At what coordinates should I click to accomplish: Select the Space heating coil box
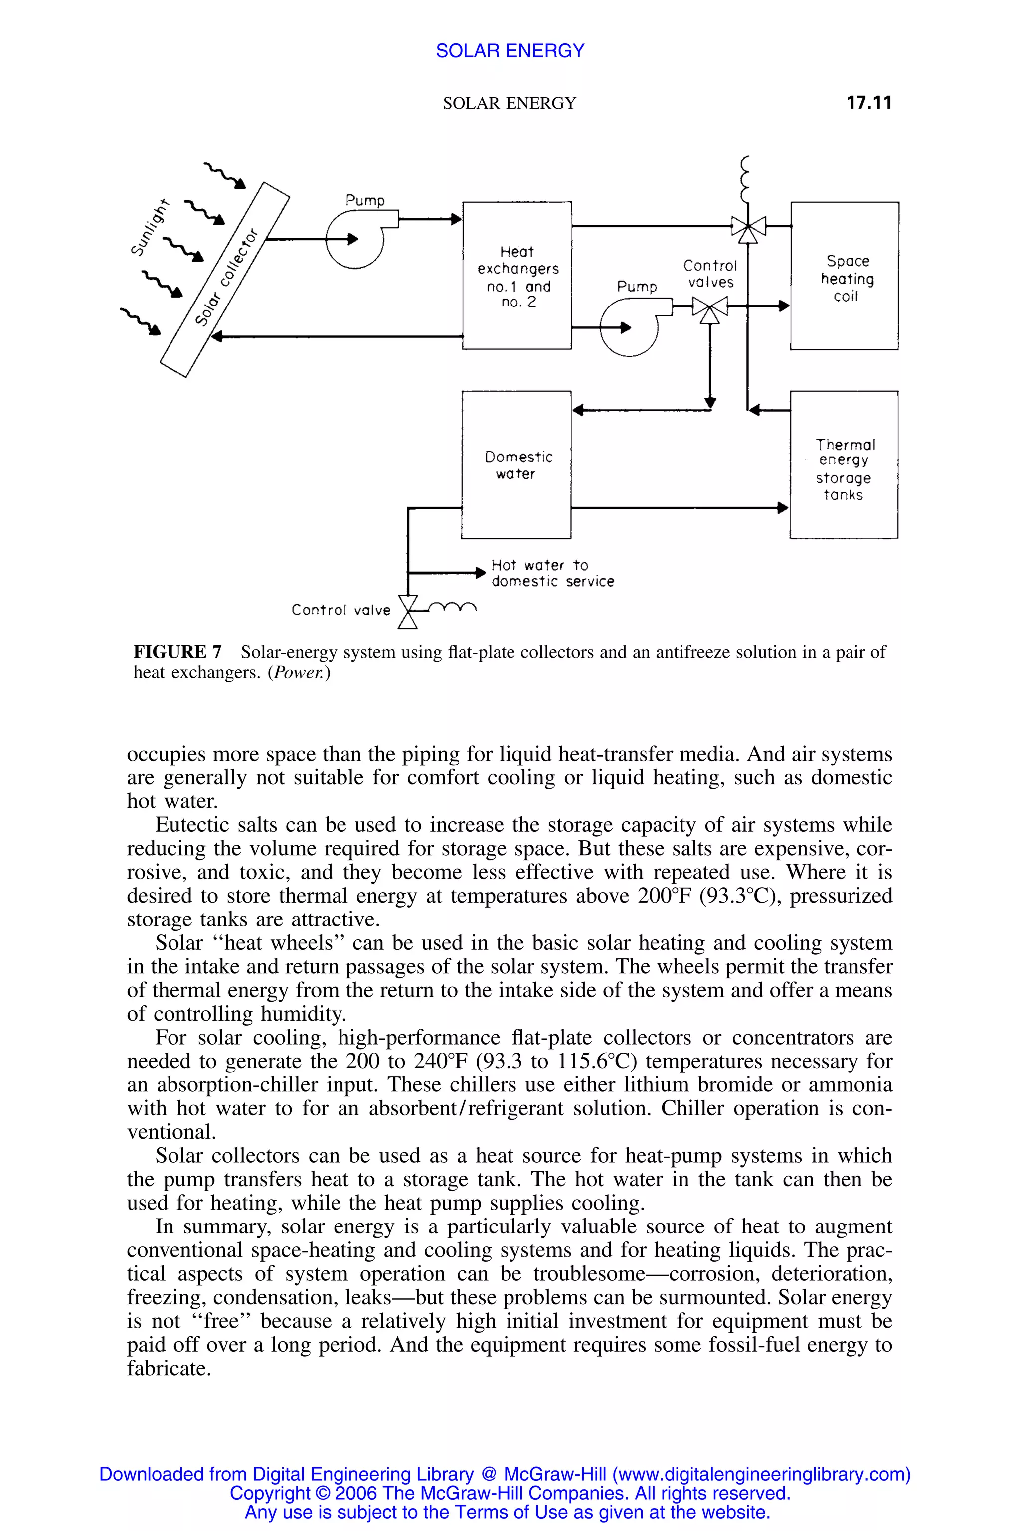(x=845, y=276)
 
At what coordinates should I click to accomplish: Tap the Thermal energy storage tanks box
(x=844, y=465)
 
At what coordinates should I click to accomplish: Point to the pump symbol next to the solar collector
(x=355, y=240)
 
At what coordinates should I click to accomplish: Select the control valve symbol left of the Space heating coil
(x=748, y=228)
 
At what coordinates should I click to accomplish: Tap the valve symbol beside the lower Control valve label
(x=408, y=612)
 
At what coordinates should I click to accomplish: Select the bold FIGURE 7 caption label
(x=177, y=651)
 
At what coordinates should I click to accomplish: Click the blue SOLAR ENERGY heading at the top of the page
(x=510, y=51)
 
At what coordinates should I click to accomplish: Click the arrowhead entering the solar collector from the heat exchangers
(x=217, y=336)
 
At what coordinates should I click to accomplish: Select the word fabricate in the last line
(x=169, y=1368)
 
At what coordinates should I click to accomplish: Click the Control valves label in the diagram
(x=710, y=274)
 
